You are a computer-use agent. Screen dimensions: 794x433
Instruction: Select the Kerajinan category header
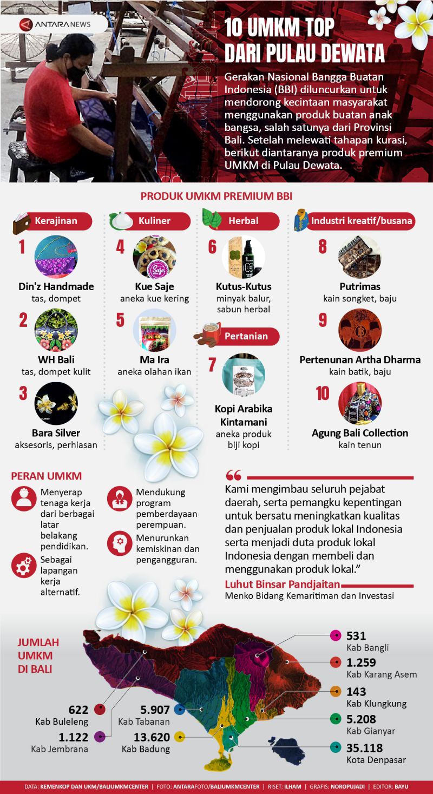pyautogui.click(x=56, y=221)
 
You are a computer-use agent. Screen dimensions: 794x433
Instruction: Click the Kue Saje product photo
pyautogui.click(x=154, y=257)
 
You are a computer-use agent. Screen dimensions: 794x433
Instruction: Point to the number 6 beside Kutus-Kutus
pyautogui.click(x=212, y=247)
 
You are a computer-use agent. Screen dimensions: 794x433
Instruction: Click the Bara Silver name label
pyautogui.click(x=56, y=432)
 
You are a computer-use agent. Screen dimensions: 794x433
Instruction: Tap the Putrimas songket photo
pyautogui.click(x=359, y=257)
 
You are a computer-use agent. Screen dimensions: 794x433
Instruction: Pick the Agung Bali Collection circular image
pyautogui.click(x=359, y=404)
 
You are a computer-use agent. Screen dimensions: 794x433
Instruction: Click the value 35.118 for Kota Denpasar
pyautogui.click(x=364, y=748)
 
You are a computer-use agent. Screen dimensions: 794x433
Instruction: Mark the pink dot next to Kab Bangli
pyautogui.click(x=335, y=636)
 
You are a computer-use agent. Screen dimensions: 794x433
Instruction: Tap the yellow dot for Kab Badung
pyautogui.click(x=180, y=737)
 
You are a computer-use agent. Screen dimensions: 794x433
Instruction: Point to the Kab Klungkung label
pyautogui.click(x=376, y=704)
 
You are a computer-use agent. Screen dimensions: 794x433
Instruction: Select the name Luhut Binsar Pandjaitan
pyautogui.click(x=282, y=584)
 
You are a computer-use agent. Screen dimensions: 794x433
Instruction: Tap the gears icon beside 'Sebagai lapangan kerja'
pyautogui.click(x=23, y=566)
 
